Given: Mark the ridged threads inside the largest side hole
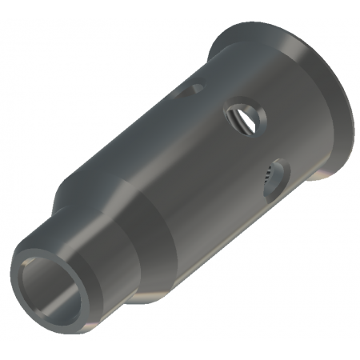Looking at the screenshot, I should coord(234,121).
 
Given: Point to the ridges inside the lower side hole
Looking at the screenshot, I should coord(267,178).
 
